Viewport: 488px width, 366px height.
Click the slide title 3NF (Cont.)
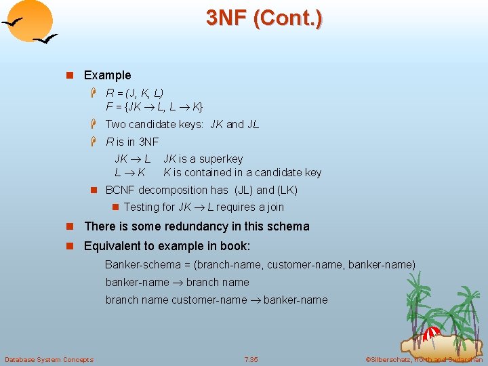[264, 18]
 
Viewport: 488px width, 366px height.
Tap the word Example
[107, 75]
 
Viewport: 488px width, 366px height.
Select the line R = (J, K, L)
[135, 93]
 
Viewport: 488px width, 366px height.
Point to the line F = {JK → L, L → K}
[155, 106]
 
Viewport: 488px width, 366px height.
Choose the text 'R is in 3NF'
[132, 142]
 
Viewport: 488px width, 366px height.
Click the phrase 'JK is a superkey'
[203, 159]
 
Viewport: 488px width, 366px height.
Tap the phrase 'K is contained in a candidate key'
[242, 173]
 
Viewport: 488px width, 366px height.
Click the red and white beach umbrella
[430, 333]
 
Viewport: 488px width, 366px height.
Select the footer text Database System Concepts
[49, 359]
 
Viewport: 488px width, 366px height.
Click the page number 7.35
[251, 359]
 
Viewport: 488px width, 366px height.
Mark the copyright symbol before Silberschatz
[368, 359]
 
